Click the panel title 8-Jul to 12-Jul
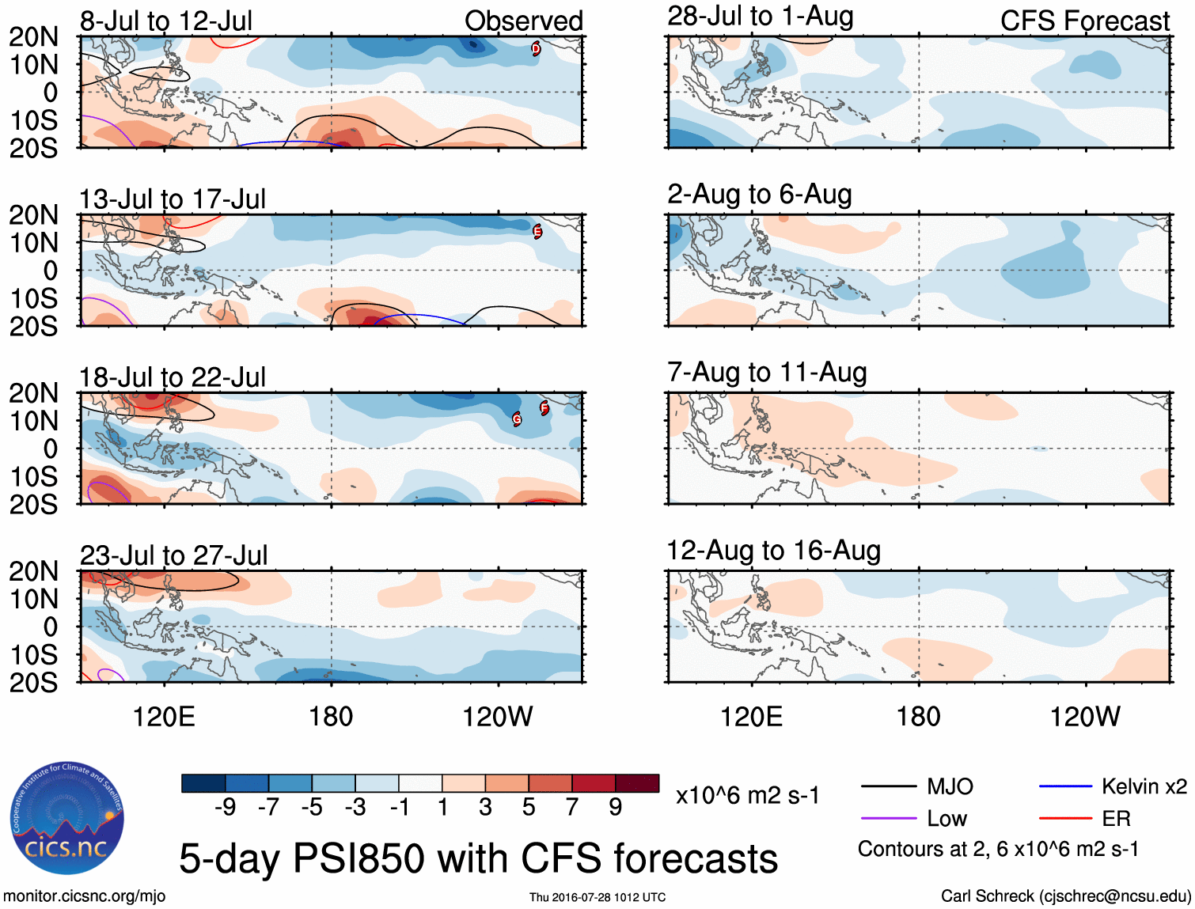[x=166, y=21]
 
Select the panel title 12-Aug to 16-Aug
[x=773, y=551]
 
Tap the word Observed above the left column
[x=523, y=21]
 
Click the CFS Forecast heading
[x=1084, y=21]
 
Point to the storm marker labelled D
[x=536, y=49]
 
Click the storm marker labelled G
[x=517, y=419]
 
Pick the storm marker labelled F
[x=544, y=408]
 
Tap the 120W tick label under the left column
[x=497, y=717]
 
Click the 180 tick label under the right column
[x=918, y=717]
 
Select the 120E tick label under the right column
[x=751, y=717]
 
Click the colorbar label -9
[x=225, y=807]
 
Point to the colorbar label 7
[x=572, y=807]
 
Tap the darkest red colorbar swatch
[x=637, y=783]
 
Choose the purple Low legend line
[x=888, y=819]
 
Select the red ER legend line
[x=1065, y=819]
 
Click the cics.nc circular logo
[x=67, y=819]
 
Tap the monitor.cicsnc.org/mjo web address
[x=85, y=896]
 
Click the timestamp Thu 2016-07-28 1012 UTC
[x=597, y=897]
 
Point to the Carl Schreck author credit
[x=1065, y=896]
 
